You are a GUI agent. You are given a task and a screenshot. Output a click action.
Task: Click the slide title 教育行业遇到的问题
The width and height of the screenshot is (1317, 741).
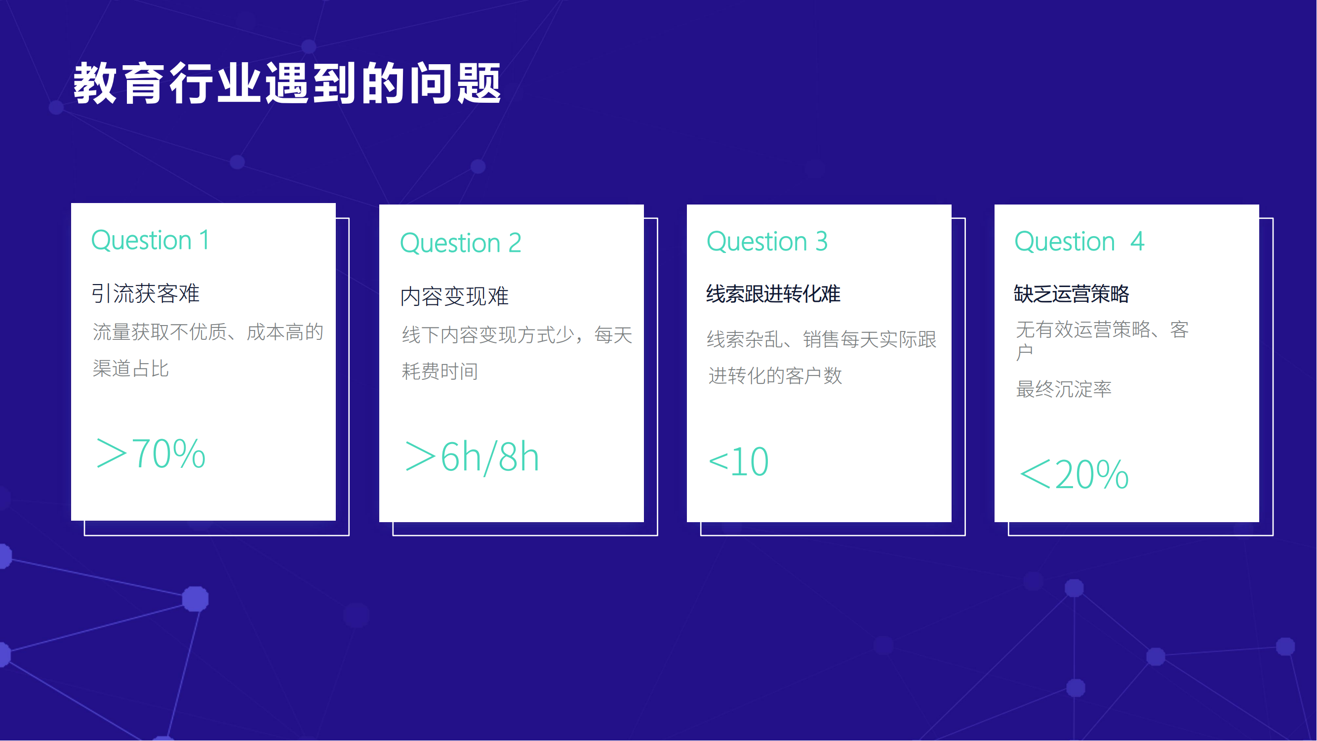click(x=287, y=83)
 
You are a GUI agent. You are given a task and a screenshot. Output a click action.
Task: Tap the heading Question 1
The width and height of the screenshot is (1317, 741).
click(x=150, y=241)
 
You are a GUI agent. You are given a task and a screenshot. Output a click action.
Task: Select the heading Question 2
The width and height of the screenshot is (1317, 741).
click(x=461, y=243)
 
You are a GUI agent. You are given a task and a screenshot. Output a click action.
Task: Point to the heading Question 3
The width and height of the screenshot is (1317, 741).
click(x=767, y=242)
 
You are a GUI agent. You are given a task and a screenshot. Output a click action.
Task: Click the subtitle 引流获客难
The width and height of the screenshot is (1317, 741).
click(x=145, y=293)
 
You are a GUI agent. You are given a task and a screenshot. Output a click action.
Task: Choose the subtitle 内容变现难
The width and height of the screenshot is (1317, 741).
click(x=454, y=296)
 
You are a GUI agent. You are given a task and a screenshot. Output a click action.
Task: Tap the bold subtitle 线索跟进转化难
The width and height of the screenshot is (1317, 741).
click(x=773, y=294)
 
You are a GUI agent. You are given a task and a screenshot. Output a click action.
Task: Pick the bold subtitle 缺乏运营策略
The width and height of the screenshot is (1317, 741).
click(x=1072, y=294)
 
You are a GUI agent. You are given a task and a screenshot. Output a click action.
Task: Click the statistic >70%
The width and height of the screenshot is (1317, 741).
click(x=151, y=453)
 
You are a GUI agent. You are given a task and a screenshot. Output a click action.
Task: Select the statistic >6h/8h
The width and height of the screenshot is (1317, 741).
click(x=472, y=456)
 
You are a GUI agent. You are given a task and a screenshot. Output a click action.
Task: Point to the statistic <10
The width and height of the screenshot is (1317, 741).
click(x=738, y=461)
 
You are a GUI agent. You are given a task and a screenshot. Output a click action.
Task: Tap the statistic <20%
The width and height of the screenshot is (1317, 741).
click(x=1074, y=475)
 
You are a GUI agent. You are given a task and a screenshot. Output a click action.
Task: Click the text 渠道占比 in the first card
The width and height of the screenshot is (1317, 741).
click(x=130, y=369)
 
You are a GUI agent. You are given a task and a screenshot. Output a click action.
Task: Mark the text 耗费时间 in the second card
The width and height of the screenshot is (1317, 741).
click(x=439, y=371)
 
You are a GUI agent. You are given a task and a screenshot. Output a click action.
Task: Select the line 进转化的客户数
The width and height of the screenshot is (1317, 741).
click(x=775, y=376)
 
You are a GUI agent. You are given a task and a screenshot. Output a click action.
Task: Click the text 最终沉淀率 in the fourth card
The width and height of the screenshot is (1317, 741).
click(x=1063, y=389)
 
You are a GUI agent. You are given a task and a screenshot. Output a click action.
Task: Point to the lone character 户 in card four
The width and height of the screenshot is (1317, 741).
click(x=1025, y=353)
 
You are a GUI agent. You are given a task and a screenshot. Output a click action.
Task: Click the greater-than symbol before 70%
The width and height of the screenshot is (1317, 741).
click(x=112, y=453)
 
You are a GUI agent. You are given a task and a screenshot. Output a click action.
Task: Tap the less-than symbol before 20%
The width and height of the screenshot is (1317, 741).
click(x=1035, y=475)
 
